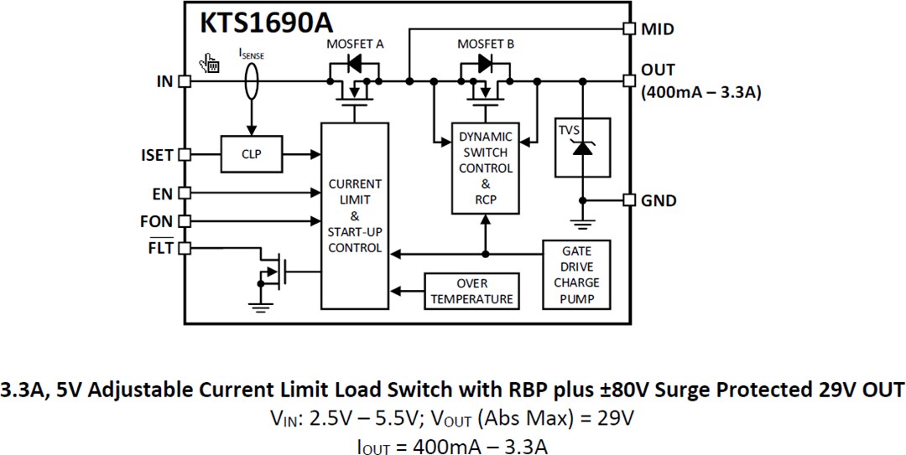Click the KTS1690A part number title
coord(265,23)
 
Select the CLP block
coord(251,155)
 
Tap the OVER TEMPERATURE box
coord(471,291)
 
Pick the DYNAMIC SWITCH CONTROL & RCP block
coord(485,168)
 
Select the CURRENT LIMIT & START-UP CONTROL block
coord(355,215)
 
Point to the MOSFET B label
coord(486,44)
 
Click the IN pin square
coord(185,81)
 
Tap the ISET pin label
coord(157,155)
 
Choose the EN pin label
coord(162,194)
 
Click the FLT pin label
coord(160,248)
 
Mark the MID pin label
coord(658,29)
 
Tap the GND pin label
coord(659,201)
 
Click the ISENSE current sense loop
coord(249,82)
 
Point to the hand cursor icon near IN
coord(209,64)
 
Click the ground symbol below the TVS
coord(581,224)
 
